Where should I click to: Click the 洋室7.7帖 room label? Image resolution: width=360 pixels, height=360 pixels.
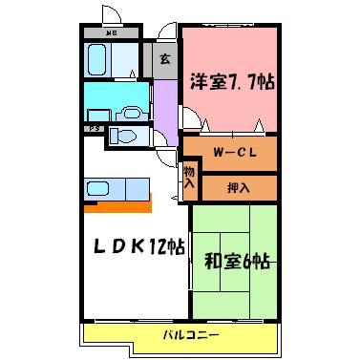tap(231, 81)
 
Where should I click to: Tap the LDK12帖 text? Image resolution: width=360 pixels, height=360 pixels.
tap(132, 246)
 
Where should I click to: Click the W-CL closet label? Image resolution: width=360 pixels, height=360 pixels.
tap(229, 151)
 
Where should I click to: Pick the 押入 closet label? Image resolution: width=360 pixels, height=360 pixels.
tap(239, 187)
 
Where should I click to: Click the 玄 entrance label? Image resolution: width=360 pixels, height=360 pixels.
tap(164, 59)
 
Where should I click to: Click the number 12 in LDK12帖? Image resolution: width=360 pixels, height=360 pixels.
tap(143, 246)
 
